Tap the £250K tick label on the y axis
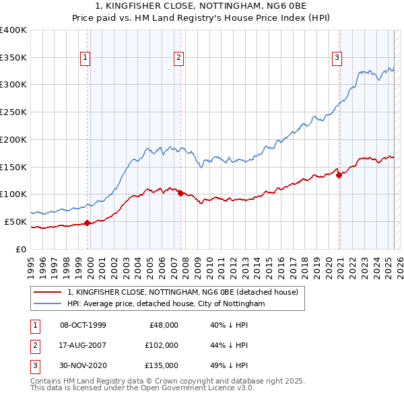click(x=13, y=112)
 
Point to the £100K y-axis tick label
click(x=13, y=194)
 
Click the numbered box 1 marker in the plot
click(x=86, y=59)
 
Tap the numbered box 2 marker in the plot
click(x=179, y=59)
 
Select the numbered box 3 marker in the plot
click(x=336, y=59)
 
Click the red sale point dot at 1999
click(x=88, y=223)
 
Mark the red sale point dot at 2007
click(x=181, y=193)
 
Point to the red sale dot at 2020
click(x=339, y=175)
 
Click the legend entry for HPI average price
click(x=166, y=304)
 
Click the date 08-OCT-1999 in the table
click(x=83, y=325)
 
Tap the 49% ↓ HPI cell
click(x=229, y=365)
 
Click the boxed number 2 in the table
click(x=34, y=345)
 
